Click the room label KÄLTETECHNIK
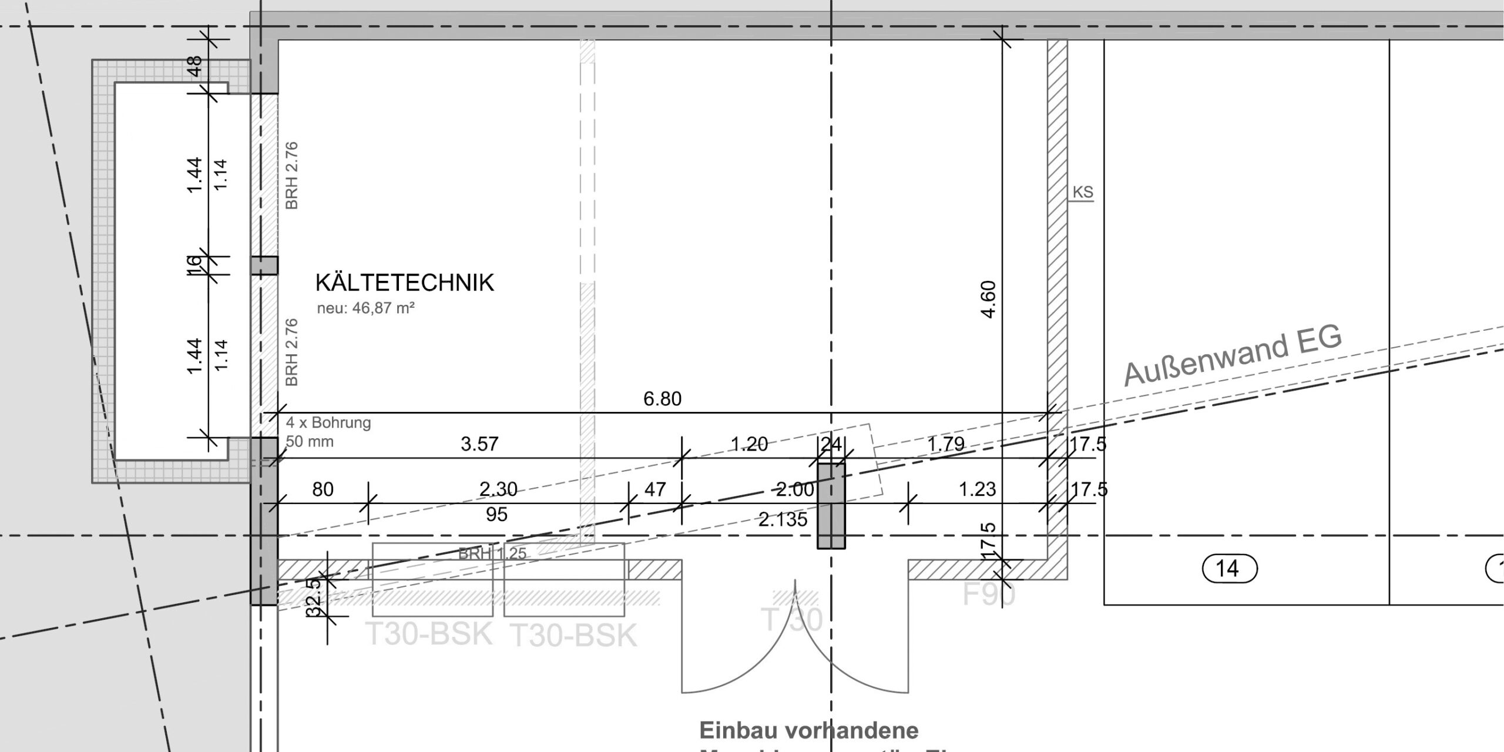pos(404,283)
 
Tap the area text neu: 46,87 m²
pos(366,308)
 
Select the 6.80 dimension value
pos(662,399)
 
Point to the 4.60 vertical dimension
pos(989,300)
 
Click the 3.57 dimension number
pos(479,444)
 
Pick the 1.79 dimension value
pos(945,444)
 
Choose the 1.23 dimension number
pos(977,489)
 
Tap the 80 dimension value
pos(323,489)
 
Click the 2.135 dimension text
pos(783,519)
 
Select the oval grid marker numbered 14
pos(1227,569)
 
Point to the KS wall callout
pos(1082,193)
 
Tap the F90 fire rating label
pos(988,595)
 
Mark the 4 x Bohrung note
pos(328,423)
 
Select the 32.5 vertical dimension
pos(314,596)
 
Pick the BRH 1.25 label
pos(492,553)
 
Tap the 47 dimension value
pos(655,489)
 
